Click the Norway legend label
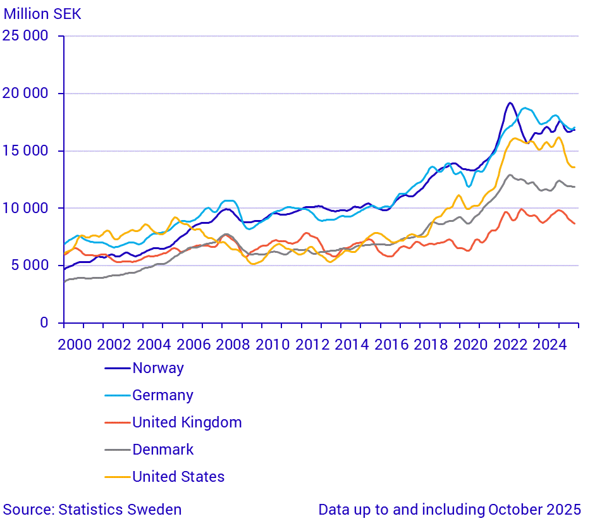coord(157,368)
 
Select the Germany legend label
coord(163,395)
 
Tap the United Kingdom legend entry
coord(187,422)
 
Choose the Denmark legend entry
coord(163,450)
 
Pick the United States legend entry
coord(178,477)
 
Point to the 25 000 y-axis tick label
coord(25,36)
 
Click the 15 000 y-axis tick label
coord(25,150)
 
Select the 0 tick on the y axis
coord(44,322)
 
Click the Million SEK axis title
coord(42,13)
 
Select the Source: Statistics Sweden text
coord(92,510)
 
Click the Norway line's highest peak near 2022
coord(510,102)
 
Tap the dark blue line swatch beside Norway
coord(117,368)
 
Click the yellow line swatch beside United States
coord(117,477)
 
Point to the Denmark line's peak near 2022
coord(510,175)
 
